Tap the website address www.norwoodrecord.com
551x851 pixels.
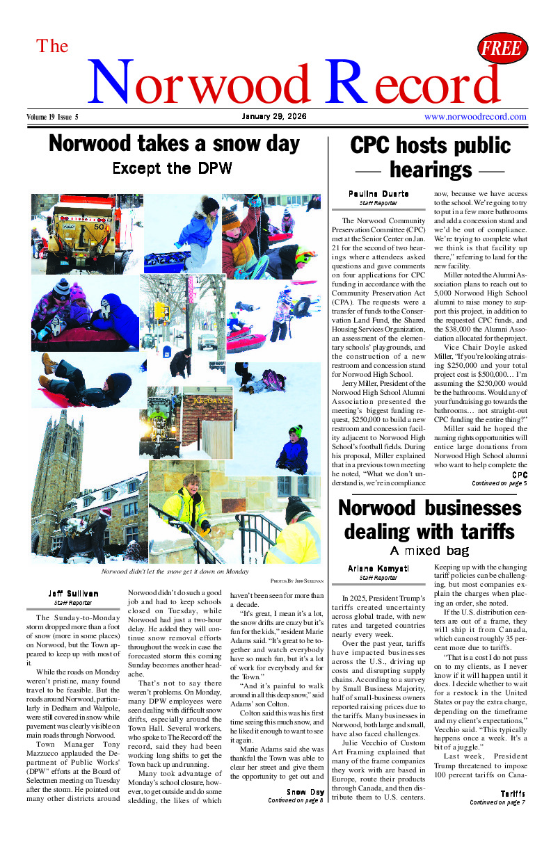point(475,117)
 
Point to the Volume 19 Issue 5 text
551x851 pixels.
point(53,117)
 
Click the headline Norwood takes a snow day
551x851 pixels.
point(174,144)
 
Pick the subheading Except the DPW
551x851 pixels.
point(172,168)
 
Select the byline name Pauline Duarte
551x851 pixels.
point(378,193)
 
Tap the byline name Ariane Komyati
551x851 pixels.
point(378,569)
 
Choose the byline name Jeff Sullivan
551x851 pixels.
point(73,594)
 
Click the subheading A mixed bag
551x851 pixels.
point(429,551)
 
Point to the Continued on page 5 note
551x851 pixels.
point(499,483)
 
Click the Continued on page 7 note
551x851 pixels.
point(497,802)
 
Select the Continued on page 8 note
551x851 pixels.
point(296,800)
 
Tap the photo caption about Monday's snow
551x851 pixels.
point(175,571)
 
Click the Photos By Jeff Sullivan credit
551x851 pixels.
point(297,580)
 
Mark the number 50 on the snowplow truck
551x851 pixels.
point(98,227)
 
